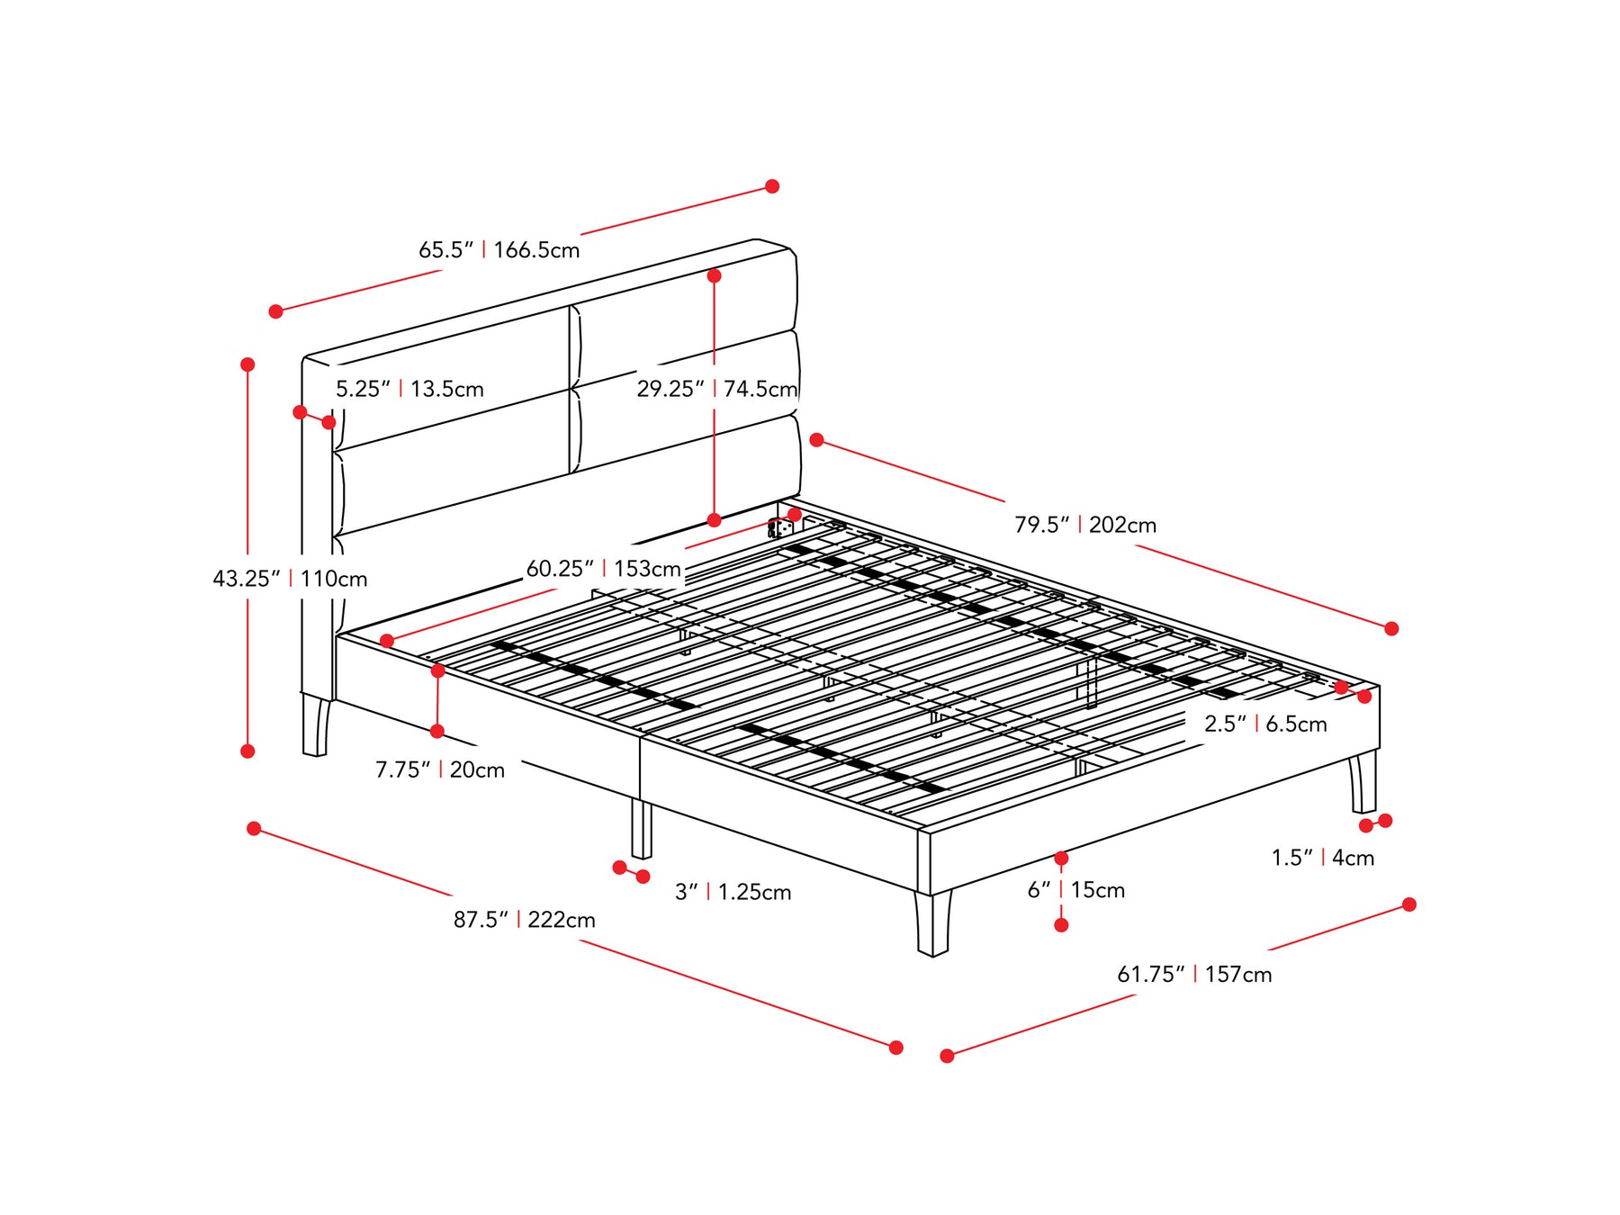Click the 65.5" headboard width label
[499, 249]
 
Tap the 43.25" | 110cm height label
[290, 579]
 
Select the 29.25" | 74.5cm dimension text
[717, 389]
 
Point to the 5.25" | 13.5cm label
[409, 389]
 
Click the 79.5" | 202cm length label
[1085, 525]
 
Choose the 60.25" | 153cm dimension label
[604, 569]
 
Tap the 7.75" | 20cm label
[440, 769]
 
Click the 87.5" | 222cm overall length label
[525, 920]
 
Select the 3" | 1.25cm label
[733, 892]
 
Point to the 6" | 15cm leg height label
[1076, 890]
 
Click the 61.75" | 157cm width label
[1194, 974]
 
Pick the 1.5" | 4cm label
[1323, 858]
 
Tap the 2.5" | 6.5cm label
[1265, 724]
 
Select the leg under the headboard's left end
[316, 724]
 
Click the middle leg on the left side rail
[641, 828]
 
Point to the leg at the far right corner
[1363, 783]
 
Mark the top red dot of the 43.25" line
[247, 364]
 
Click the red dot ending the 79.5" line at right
[1391, 628]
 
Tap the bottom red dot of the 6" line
[1061, 925]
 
